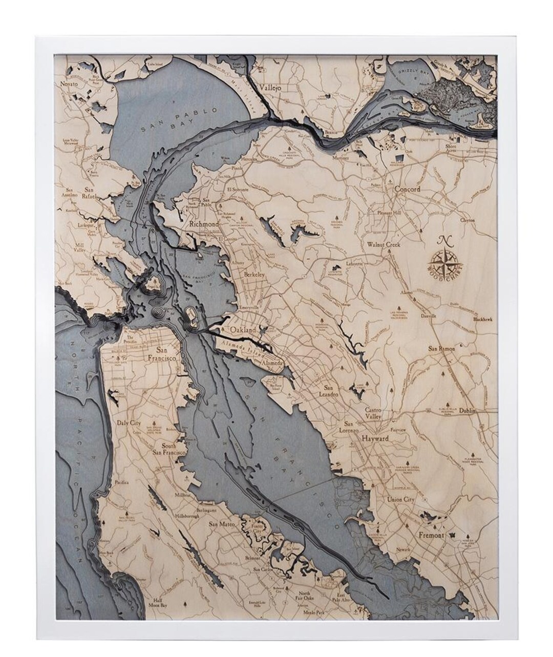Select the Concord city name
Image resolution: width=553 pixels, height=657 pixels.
[x=407, y=189]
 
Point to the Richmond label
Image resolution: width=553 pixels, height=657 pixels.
[x=204, y=224]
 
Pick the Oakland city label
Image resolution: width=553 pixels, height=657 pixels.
[x=242, y=331]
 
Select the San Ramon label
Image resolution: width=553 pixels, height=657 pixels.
[x=441, y=348]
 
